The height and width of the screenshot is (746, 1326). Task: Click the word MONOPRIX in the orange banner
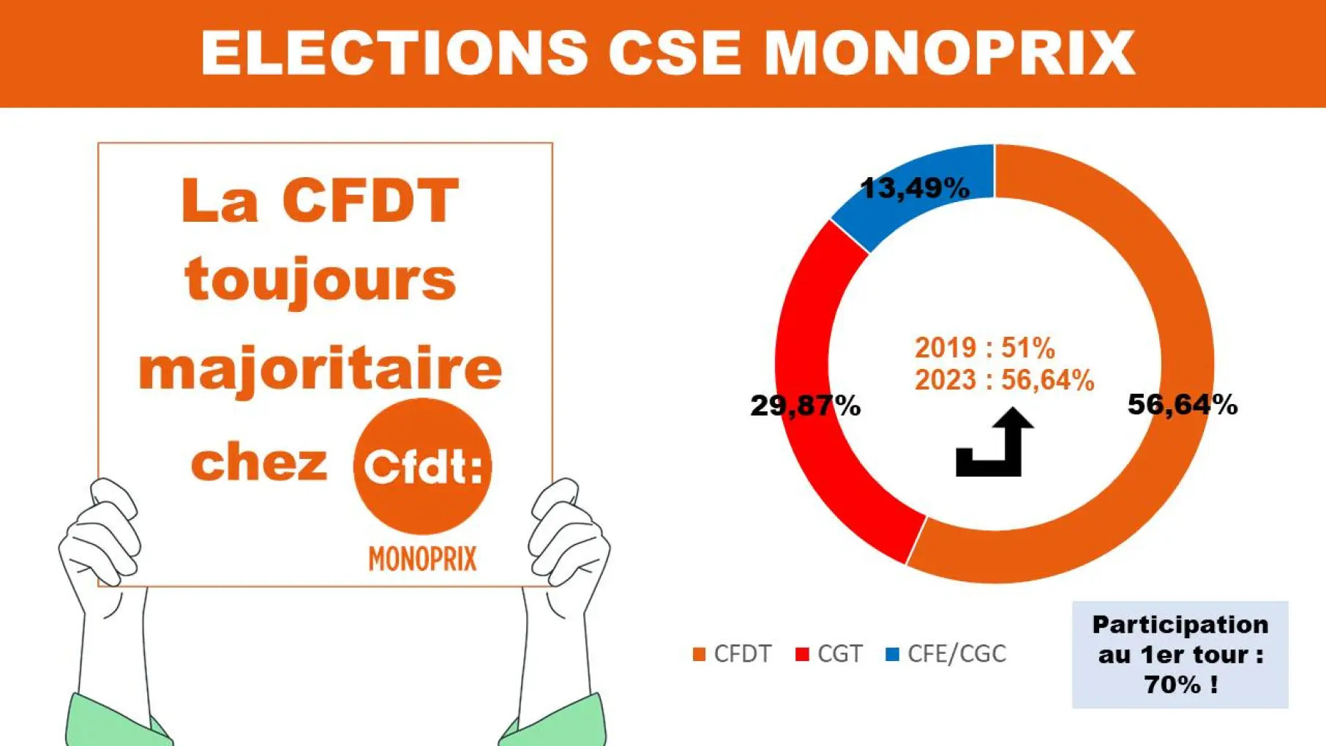(949, 53)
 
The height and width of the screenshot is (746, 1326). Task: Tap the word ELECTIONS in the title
(394, 53)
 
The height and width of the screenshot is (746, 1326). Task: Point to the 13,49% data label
(915, 189)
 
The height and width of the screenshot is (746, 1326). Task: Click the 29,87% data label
(806, 406)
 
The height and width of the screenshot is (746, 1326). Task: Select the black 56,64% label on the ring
(1183, 404)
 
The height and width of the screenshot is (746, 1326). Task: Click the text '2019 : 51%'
(985, 348)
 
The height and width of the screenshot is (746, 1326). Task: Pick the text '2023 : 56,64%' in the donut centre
(1005, 381)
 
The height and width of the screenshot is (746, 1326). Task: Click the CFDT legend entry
(733, 654)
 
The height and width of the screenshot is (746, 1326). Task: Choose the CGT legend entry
(829, 654)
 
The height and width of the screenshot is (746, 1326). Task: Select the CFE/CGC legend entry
(945, 654)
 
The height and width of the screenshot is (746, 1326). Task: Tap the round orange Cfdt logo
(422, 466)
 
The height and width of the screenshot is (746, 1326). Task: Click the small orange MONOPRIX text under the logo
(422, 559)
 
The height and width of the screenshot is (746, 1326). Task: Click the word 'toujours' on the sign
(321, 281)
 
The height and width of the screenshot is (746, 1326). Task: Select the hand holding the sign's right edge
(567, 542)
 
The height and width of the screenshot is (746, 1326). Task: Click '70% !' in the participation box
(1181, 685)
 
